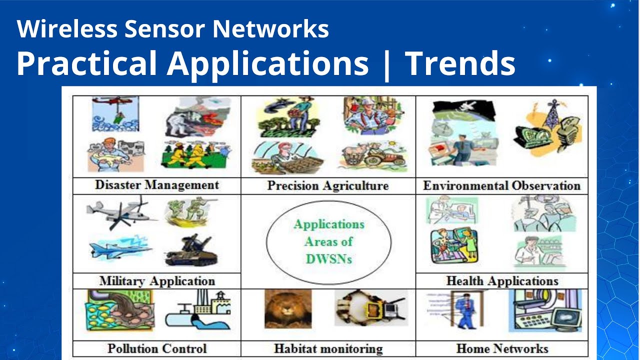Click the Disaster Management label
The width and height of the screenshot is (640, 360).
coord(157,185)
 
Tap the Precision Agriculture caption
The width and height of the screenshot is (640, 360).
coord(327,186)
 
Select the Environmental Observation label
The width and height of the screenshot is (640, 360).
coord(501,186)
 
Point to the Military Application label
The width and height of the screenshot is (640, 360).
coord(157,281)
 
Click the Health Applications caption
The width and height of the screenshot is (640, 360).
coord(502,281)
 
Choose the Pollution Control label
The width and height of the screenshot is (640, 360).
coord(157,348)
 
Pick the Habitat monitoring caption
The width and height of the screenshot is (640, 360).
coord(328,348)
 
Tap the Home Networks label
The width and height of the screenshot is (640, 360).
coord(502,348)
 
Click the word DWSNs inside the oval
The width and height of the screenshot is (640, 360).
coord(328,259)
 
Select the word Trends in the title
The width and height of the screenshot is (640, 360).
coord(460,64)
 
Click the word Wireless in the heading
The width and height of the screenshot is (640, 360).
coord(67,29)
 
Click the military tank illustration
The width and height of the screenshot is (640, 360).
coord(191,251)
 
